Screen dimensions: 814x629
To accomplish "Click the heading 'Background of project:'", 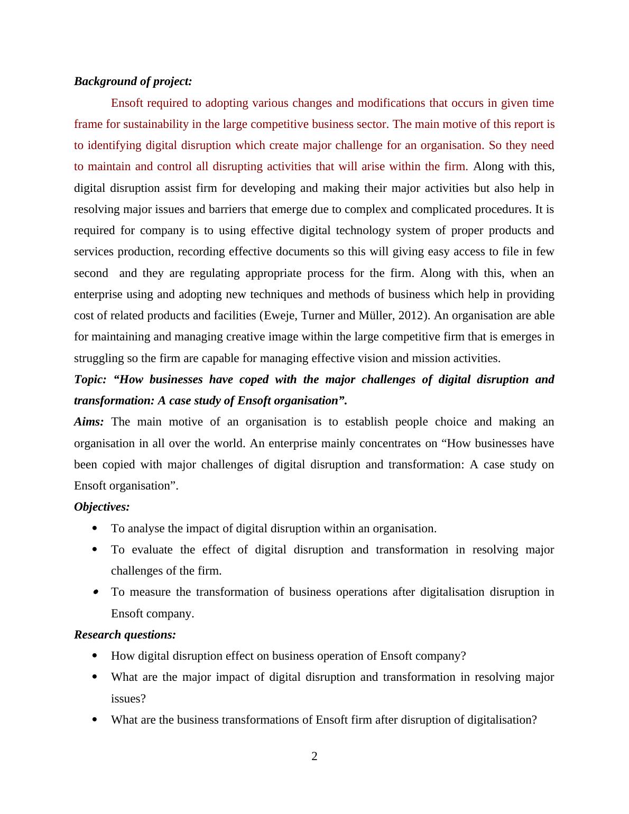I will [x=133, y=81].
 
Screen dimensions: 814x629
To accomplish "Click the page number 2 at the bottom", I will [x=314, y=756].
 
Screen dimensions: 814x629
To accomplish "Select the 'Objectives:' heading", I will [x=101, y=507].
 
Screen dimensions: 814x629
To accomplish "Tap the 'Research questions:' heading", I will [x=125, y=634].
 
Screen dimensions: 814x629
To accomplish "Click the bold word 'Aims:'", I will [x=89, y=422].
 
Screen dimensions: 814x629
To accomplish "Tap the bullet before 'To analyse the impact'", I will [x=95, y=528].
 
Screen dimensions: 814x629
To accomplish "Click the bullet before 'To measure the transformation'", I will [x=95, y=592].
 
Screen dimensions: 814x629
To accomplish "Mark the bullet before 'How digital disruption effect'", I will [x=95, y=656].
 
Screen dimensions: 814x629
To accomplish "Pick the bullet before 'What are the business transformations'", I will [x=95, y=719].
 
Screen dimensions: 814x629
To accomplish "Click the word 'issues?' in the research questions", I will [x=128, y=699].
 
